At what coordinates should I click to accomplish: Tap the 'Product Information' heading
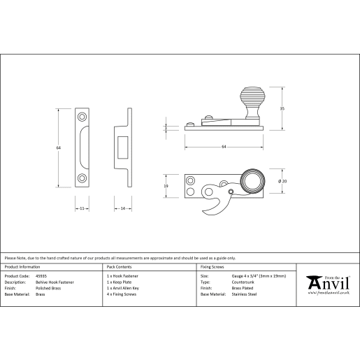(x=22, y=267)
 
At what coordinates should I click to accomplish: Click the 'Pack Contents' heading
(x=119, y=267)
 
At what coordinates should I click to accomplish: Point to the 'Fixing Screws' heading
(x=213, y=267)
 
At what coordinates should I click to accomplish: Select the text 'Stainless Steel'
(x=245, y=295)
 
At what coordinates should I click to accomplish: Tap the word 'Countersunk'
(x=242, y=283)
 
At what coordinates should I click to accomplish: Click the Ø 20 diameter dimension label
(x=282, y=182)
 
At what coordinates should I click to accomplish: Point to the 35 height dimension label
(x=282, y=108)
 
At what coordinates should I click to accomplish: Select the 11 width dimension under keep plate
(x=82, y=208)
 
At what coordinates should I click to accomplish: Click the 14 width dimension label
(x=122, y=208)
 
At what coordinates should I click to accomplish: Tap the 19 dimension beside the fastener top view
(x=166, y=186)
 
